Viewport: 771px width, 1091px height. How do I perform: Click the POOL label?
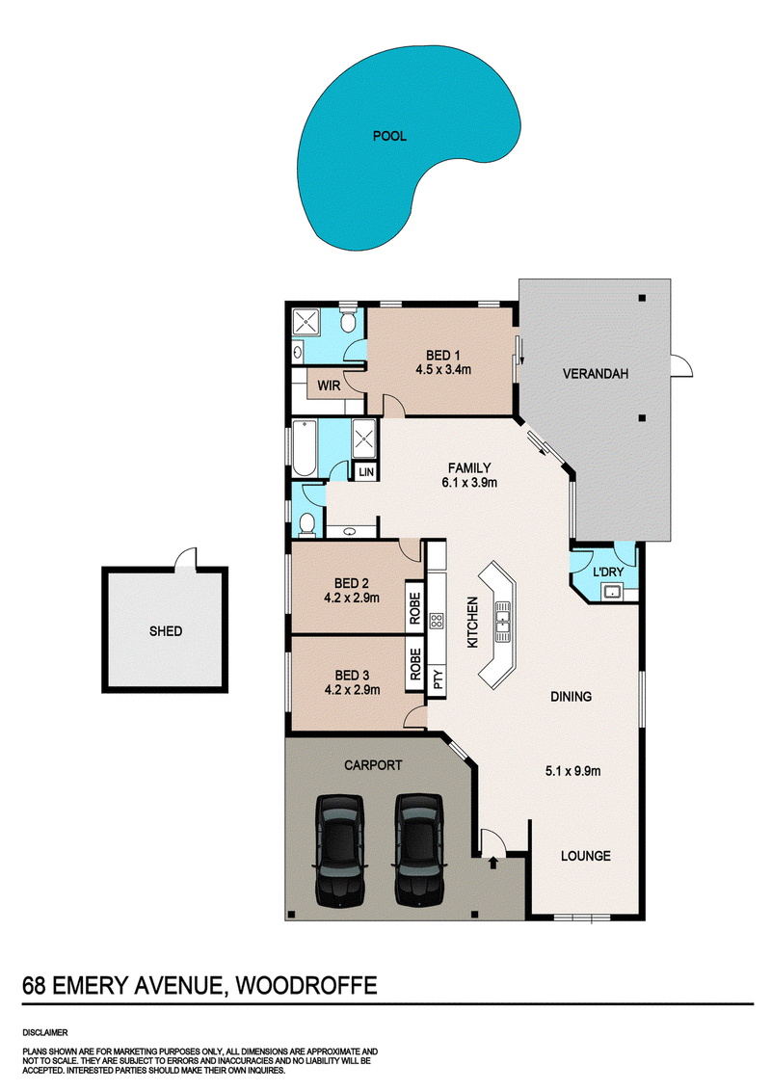coord(389,137)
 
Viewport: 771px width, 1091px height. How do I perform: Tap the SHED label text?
coord(166,631)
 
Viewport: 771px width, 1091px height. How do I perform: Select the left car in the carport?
coord(339,849)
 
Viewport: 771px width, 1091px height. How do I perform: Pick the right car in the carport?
coord(419,849)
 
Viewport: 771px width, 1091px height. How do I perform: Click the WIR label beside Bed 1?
coord(329,386)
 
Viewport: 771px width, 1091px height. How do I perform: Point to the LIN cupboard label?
coord(366,472)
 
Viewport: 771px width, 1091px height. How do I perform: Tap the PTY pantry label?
coord(438,679)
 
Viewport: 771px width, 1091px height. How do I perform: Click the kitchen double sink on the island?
coord(502,621)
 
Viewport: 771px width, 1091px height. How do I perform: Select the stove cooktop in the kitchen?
coord(437,621)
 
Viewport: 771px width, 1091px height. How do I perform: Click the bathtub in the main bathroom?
coord(305,448)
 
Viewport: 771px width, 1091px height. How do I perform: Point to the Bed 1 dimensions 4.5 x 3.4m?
coord(443,370)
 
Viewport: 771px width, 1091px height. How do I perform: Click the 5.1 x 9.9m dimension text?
coord(572,771)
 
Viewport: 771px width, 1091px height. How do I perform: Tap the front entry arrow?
coord(493,863)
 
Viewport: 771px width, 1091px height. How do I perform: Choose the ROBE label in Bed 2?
coord(414,608)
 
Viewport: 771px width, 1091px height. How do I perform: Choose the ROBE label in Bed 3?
coord(415,664)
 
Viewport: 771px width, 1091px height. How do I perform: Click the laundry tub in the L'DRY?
coord(612,592)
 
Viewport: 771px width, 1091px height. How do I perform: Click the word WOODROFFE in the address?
coord(306,986)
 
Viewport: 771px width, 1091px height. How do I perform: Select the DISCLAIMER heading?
coord(45,1032)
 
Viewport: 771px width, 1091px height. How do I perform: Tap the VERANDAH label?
coord(595,374)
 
